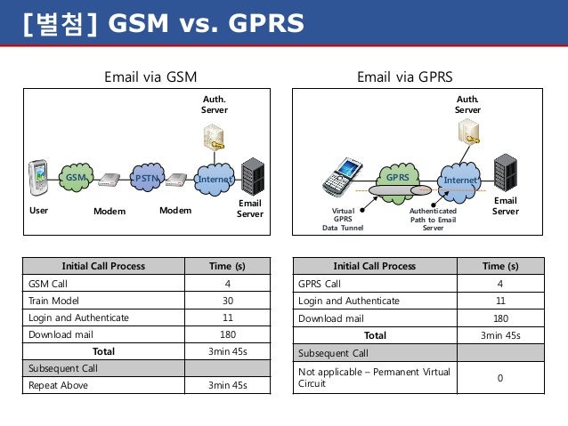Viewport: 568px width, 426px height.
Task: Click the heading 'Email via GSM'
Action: point(150,76)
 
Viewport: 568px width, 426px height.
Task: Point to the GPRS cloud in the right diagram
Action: point(397,177)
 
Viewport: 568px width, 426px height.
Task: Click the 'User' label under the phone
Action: point(38,211)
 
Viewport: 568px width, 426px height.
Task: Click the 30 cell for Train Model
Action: point(228,301)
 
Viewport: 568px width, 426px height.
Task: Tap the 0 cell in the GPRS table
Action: point(499,377)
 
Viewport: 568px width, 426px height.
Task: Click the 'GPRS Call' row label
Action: point(320,284)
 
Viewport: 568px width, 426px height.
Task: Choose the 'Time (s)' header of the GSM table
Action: point(228,266)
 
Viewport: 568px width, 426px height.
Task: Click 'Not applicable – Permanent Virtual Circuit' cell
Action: point(374,377)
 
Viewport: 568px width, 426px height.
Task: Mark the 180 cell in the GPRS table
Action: point(499,317)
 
